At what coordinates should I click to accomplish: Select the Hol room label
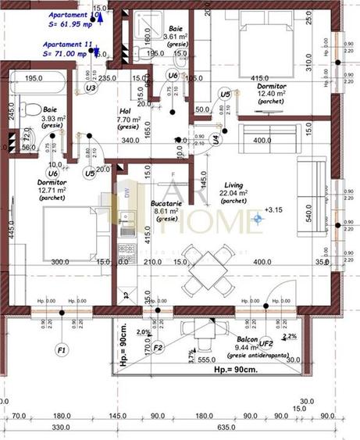(124, 111)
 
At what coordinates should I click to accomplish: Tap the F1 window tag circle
(62, 349)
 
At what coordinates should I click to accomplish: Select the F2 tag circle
(158, 347)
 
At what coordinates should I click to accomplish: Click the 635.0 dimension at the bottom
(228, 427)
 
